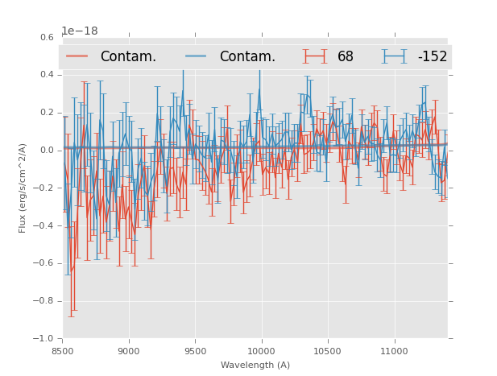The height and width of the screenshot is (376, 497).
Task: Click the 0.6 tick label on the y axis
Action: [x=47, y=37]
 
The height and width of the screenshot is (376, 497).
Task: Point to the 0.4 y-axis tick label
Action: [x=47, y=75]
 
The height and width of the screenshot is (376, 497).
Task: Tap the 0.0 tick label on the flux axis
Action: [x=47, y=151]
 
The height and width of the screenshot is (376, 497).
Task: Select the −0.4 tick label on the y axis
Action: [x=44, y=225]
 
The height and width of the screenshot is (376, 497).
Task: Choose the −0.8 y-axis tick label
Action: [x=44, y=301]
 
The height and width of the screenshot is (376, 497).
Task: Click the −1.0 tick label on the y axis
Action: [x=44, y=339]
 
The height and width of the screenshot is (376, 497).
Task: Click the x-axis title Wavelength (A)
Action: [x=255, y=365]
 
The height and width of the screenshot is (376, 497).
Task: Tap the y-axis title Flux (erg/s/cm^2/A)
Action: [x=23, y=188]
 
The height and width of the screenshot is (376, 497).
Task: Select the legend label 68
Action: [x=346, y=57]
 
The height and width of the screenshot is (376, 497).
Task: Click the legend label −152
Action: [x=433, y=57]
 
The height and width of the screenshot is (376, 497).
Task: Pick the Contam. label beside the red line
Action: [x=128, y=57]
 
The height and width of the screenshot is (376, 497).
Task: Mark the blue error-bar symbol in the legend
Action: [x=395, y=56]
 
